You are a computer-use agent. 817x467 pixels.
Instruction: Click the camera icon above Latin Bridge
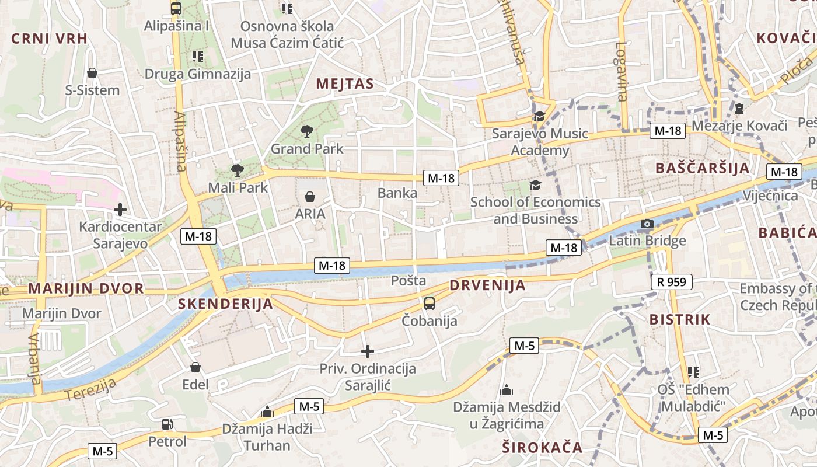(647, 224)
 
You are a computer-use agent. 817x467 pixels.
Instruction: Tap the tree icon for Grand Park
(306, 131)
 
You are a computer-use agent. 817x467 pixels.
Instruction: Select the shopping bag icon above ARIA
(310, 197)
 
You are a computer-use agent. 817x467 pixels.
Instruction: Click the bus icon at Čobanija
(430, 303)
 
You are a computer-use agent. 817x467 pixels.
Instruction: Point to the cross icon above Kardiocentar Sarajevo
(120, 209)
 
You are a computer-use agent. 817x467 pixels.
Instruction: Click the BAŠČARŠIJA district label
(702, 168)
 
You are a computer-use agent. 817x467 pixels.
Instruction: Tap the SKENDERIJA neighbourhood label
(225, 304)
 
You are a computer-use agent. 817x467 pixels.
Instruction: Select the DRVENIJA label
(488, 285)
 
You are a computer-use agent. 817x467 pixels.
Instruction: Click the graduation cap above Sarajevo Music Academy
(539, 116)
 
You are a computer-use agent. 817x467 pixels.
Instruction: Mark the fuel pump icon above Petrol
(167, 424)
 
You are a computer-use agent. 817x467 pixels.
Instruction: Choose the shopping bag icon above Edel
(195, 367)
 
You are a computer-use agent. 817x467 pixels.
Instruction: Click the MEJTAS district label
(344, 84)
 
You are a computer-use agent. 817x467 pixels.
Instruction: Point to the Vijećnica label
(770, 196)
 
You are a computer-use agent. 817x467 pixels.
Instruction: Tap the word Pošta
(408, 281)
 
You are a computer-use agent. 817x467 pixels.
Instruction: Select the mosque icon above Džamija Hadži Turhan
(267, 412)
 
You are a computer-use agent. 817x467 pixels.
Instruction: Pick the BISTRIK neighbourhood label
(680, 319)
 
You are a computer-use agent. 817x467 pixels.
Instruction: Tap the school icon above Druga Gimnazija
(198, 57)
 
